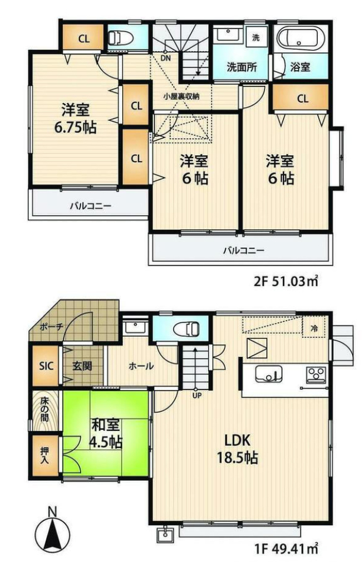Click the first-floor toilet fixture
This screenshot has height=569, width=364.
(187, 330)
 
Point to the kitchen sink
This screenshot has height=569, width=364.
(269, 373)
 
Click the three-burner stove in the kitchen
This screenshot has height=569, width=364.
(316, 375)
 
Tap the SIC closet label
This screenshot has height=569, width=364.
(46, 366)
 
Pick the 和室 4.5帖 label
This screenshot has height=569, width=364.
(106, 433)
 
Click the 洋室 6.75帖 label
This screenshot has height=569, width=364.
(75, 119)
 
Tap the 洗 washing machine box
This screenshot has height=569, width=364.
(256, 37)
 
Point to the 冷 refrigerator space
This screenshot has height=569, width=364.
(314, 327)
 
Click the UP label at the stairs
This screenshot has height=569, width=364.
(197, 395)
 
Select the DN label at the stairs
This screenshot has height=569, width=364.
(166, 57)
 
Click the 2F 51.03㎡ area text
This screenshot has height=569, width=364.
(286, 281)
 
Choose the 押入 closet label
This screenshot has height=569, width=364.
(45, 455)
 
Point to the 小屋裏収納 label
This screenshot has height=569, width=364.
(181, 97)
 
